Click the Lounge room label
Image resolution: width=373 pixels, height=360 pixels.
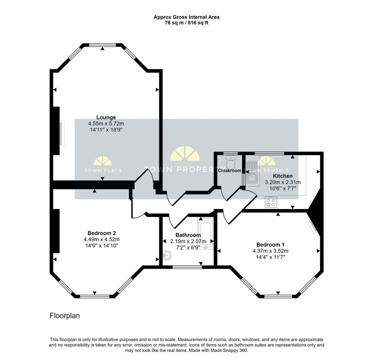tap(106, 117)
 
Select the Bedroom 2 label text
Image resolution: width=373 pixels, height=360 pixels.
tap(101, 233)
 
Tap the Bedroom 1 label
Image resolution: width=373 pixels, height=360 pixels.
tap(270, 244)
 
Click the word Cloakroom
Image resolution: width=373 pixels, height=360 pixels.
tap(229, 170)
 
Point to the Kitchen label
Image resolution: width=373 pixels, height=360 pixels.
tap(283, 176)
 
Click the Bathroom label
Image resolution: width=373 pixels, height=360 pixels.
tap(188, 235)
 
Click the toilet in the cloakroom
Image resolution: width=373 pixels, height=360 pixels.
tap(230, 160)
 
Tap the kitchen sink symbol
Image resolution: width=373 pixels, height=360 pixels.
tap(251, 173)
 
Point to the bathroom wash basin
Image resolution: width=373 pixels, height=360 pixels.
tap(167, 255)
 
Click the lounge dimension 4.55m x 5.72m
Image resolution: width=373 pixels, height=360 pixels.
tap(106, 123)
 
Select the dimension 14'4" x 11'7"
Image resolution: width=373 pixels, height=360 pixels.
tap(270, 257)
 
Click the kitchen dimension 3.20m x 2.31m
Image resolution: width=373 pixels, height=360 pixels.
tap(283, 182)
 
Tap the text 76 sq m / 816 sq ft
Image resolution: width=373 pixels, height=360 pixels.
tap(186, 23)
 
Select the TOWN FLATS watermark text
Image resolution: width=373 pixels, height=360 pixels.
tap(103, 170)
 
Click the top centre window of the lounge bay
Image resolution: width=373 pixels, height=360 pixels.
tap(103, 45)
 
